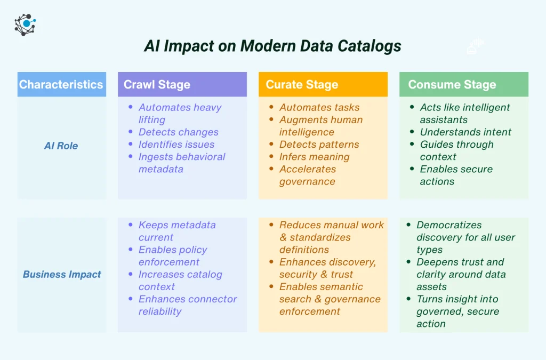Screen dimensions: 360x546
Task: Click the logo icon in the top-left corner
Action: click(x=25, y=23)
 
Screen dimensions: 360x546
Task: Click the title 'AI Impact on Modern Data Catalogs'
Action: click(x=272, y=46)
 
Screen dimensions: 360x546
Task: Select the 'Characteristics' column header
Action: click(x=61, y=84)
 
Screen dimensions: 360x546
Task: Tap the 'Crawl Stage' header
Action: click(x=157, y=85)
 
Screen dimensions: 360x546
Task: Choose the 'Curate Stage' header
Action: click(x=302, y=85)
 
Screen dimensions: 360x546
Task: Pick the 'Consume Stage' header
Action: click(x=452, y=85)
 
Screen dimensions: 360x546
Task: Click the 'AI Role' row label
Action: click(x=61, y=146)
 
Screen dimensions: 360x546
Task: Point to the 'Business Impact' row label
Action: click(x=62, y=275)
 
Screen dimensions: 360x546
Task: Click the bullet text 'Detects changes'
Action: click(x=178, y=132)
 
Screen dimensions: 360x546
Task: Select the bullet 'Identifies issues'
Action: click(x=176, y=145)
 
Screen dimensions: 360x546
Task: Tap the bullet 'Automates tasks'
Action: click(x=319, y=108)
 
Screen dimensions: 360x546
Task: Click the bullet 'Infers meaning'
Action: click(x=314, y=157)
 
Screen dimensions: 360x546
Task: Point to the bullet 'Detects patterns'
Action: click(x=319, y=145)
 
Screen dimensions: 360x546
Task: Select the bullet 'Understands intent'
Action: click(x=465, y=132)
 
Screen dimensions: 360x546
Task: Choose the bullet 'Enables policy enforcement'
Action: click(x=172, y=255)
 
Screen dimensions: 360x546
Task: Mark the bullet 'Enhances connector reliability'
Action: click(x=187, y=305)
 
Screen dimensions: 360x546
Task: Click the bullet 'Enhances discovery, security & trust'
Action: click(x=327, y=268)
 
